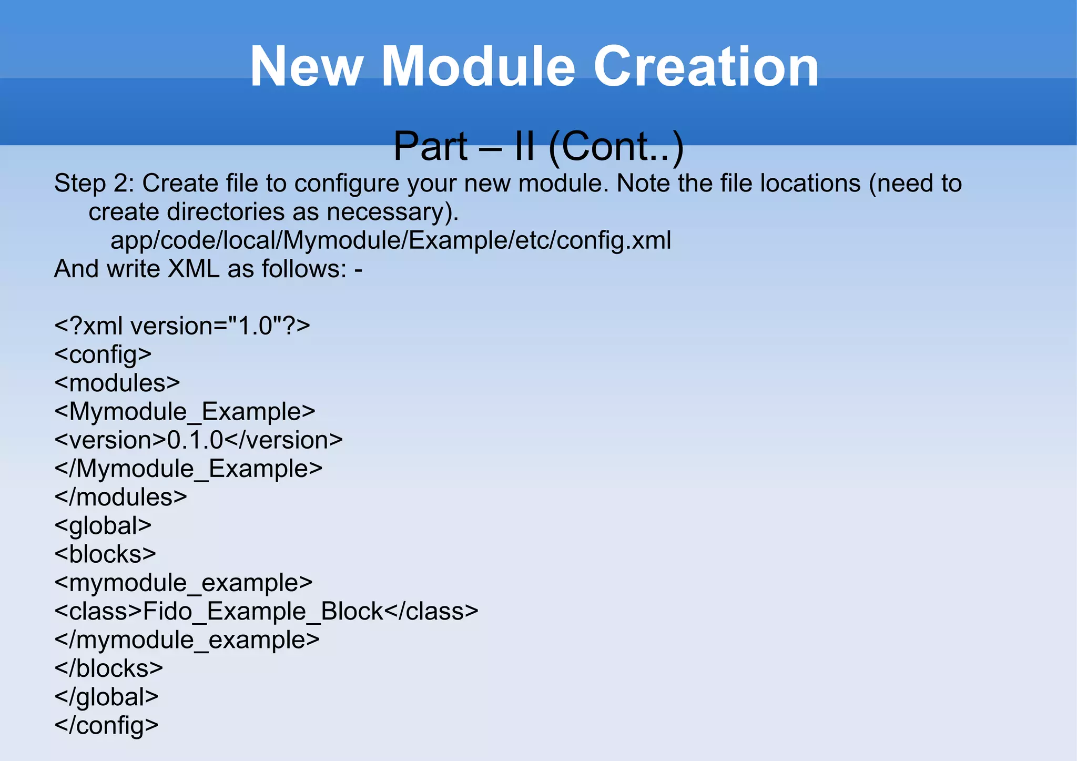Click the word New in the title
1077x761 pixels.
(x=306, y=67)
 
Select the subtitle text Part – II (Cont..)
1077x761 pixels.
(x=538, y=146)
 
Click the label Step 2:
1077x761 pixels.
(x=95, y=184)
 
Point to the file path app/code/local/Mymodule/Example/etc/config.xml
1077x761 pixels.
(x=391, y=240)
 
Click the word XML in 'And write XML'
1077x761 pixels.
(x=193, y=269)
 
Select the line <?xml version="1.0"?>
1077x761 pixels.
(x=182, y=326)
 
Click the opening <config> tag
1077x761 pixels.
(x=103, y=354)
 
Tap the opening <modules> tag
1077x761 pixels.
(x=117, y=383)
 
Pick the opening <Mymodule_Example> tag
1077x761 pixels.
(x=185, y=411)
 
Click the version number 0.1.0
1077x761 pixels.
(x=195, y=440)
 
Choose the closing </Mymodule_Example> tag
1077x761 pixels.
(x=188, y=469)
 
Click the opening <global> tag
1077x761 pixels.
(x=103, y=525)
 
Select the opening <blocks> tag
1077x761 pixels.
(x=105, y=554)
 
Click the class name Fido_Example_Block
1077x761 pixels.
(x=263, y=611)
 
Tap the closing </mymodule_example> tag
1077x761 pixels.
(x=187, y=640)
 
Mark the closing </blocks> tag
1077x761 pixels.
(x=108, y=668)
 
